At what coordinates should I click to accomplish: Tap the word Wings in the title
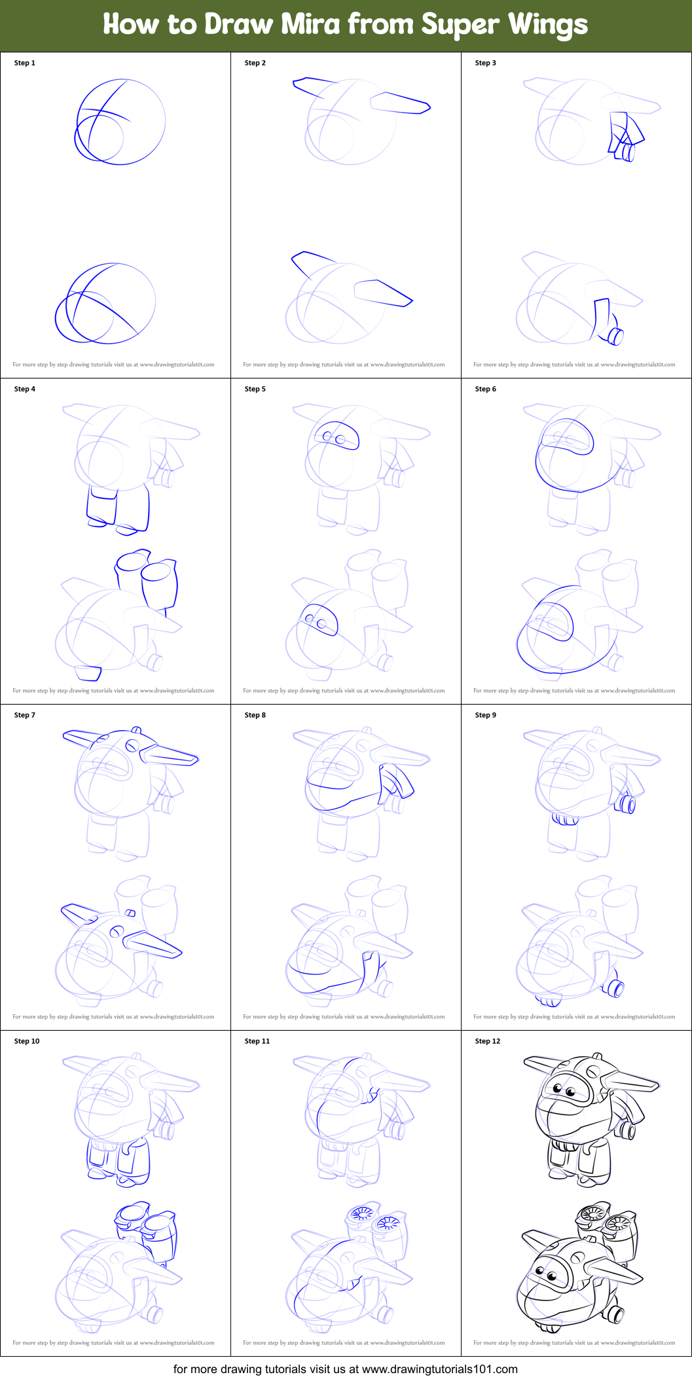(548, 24)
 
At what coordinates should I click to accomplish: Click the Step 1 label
(25, 63)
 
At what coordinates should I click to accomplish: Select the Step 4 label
(25, 389)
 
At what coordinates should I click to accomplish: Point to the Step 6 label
(485, 389)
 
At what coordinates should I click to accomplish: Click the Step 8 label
(255, 715)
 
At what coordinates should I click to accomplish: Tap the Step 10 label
(27, 1041)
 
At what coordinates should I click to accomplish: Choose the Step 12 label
(487, 1041)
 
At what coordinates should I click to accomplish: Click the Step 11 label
(257, 1041)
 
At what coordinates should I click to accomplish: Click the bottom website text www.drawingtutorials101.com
(439, 1369)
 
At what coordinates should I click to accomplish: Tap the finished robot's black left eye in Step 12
(558, 1088)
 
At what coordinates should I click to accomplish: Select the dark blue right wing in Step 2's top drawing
(399, 103)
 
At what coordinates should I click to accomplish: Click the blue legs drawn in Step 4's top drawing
(118, 507)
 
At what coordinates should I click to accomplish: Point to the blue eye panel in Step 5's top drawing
(336, 436)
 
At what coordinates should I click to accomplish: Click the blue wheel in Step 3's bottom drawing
(615, 337)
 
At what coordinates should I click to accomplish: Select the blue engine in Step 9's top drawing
(625, 803)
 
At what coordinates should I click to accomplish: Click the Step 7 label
(25, 715)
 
